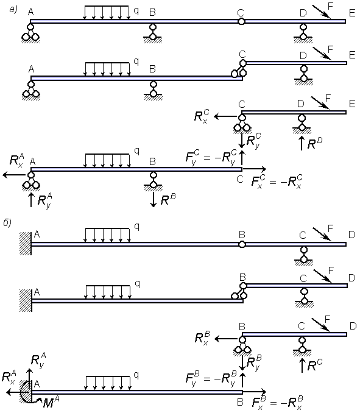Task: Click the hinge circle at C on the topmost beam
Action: [x=241, y=21]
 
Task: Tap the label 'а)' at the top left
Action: [x=13, y=10]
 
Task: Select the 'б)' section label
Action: [x=8, y=223]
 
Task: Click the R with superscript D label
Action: [x=314, y=143]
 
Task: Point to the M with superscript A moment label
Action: [x=51, y=403]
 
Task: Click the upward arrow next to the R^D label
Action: [x=302, y=143]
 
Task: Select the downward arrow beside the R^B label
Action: [x=153, y=200]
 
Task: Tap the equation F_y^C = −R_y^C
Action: [x=211, y=158]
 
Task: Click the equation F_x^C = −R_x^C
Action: [x=277, y=182]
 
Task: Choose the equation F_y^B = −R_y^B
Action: [x=211, y=379]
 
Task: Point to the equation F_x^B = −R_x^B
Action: [x=277, y=403]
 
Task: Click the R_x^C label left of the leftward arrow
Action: [x=202, y=116]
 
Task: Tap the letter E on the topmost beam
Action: [x=352, y=13]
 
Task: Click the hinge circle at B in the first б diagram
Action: [x=242, y=244]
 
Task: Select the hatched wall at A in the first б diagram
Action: [x=26, y=244]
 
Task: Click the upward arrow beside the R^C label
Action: [x=302, y=365]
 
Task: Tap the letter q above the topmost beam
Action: [x=136, y=10]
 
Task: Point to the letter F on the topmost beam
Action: [x=331, y=5]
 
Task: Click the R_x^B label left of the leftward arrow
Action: [x=202, y=338]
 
